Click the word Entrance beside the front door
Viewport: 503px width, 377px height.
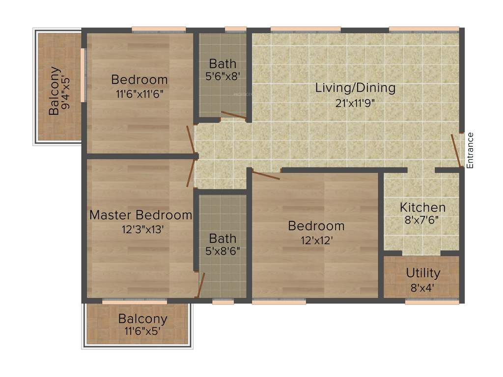(x=470, y=151)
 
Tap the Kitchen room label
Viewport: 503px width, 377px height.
(x=422, y=207)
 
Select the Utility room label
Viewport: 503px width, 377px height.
(x=423, y=273)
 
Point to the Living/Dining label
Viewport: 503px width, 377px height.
(x=355, y=88)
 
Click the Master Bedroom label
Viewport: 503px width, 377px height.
(x=140, y=215)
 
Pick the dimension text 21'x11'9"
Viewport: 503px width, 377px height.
(x=356, y=103)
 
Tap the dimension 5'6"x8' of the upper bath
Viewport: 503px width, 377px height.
(x=223, y=77)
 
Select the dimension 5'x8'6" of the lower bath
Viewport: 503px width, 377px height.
(x=223, y=252)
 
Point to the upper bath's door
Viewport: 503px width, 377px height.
(x=233, y=116)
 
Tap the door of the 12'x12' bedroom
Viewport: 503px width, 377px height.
(x=266, y=175)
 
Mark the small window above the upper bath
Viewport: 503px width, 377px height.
(x=235, y=29)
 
